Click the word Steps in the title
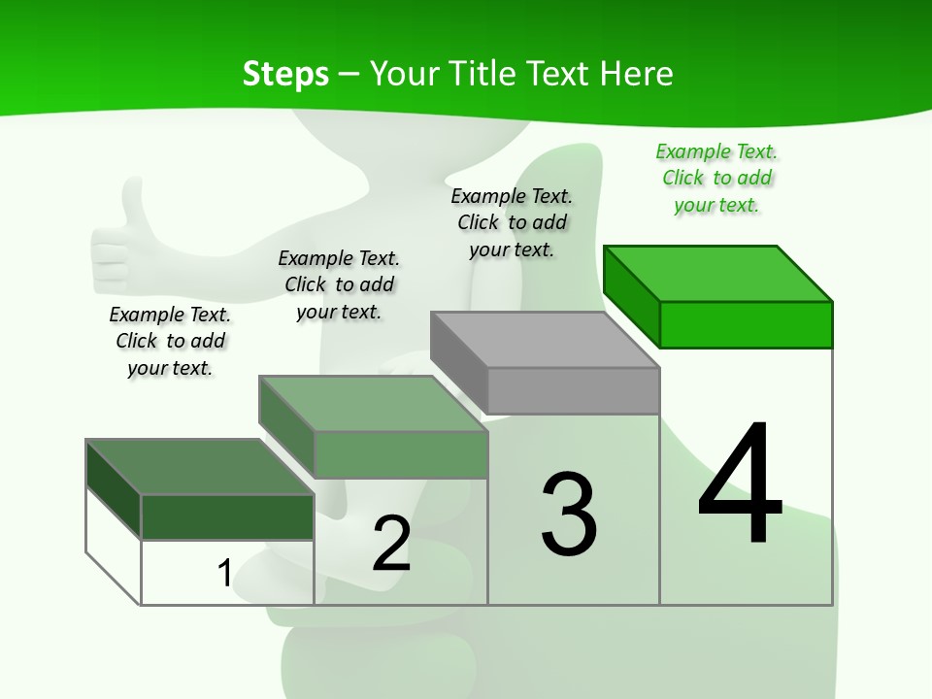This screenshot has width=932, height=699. tap(285, 75)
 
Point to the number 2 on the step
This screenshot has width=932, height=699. tap(391, 543)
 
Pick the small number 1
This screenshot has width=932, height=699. tap(224, 573)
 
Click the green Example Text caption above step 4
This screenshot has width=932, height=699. tap(716, 179)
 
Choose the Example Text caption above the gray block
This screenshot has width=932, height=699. tap(512, 222)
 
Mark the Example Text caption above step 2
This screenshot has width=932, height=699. tap(339, 284)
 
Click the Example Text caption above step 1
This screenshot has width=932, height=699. tap(170, 341)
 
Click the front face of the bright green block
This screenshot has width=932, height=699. tap(746, 324)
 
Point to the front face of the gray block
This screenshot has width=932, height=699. tap(573, 390)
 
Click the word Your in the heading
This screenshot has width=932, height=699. tap(405, 74)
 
